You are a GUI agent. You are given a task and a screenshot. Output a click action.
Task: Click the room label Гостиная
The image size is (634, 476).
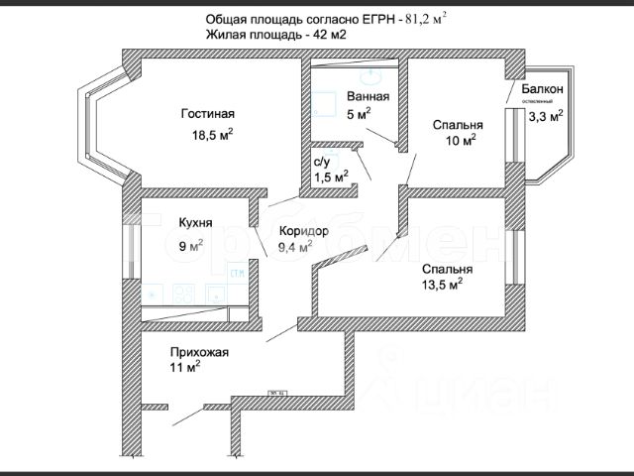[x=207, y=113]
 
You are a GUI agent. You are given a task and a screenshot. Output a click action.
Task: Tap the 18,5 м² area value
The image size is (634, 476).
[x=211, y=134]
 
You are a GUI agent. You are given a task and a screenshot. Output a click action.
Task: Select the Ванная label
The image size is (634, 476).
[x=368, y=97]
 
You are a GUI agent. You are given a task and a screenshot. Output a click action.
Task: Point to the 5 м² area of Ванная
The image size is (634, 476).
[x=359, y=114]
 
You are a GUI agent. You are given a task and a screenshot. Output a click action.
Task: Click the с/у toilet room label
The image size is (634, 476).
[x=322, y=162]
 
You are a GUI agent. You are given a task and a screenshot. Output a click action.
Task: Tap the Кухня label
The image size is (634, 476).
[x=196, y=223]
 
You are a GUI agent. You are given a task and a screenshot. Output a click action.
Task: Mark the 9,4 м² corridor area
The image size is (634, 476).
[x=295, y=246]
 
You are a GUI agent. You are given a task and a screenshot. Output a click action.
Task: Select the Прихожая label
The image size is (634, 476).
[x=200, y=351]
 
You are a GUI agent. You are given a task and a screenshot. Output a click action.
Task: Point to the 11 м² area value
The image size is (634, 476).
[x=185, y=368]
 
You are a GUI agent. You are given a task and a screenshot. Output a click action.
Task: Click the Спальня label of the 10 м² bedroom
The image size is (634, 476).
[x=458, y=125]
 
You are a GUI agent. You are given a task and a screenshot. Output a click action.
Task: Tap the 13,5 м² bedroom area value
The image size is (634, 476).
[x=442, y=285]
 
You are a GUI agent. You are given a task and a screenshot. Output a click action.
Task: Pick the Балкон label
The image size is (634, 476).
[x=542, y=90]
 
